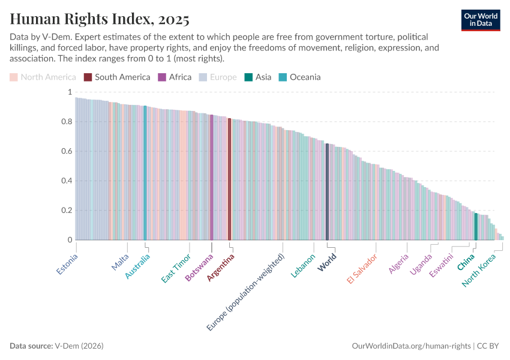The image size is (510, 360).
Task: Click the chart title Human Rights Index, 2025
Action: (x=100, y=19)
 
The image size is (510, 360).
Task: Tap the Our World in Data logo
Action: (x=481, y=20)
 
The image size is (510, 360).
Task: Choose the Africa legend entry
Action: (x=175, y=77)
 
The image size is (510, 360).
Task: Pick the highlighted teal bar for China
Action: (x=476, y=226)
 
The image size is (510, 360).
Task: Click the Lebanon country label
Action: (x=304, y=266)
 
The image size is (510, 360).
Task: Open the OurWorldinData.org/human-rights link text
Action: (x=411, y=346)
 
